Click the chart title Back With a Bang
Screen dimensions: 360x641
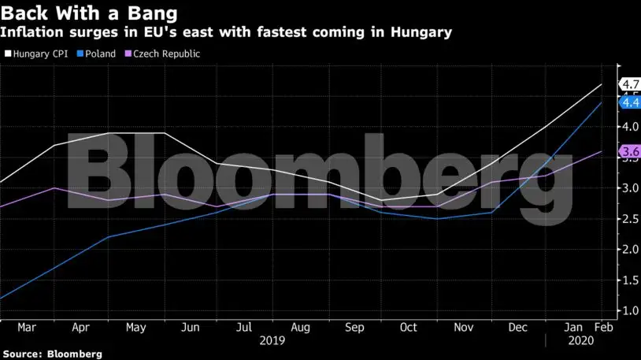pyautogui.click(x=88, y=13)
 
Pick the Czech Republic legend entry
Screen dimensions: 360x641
pyautogui.click(x=161, y=54)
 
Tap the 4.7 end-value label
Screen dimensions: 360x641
pyautogui.click(x=630, y=84)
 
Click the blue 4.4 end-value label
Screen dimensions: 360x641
pyautogui.click(x=630, y=102)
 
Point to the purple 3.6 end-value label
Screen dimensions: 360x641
pyautogui.click(x=630, y=151)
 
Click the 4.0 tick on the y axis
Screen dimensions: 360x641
pyautogui.click(x=630, y=126)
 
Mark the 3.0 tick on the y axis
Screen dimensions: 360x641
pyautogui.click(x=630, y=187)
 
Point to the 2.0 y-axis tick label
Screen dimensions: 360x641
pyautogui.click(x=630, y=249)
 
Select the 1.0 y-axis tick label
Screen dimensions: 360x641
pyautogui.click(x=630, y=310)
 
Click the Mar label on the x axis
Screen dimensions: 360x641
pyautogui.click(x=26, y=328)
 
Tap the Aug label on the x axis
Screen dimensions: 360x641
pyautogui.click(x=301, y=328)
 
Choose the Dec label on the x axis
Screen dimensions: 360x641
pyautogui.click(x=518, y=328)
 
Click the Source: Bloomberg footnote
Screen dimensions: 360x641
pyautogui.click(x=52, y=354)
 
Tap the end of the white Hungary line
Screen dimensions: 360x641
pyautogui.click(x=602, y=84)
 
